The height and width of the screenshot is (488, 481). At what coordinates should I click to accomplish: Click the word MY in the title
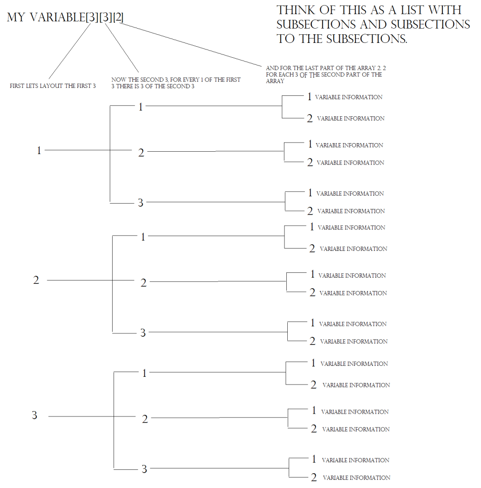16,17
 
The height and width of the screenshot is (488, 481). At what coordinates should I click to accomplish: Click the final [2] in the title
118,17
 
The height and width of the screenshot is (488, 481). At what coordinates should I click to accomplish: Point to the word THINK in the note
296,10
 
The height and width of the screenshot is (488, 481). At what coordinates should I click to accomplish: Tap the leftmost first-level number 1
39,150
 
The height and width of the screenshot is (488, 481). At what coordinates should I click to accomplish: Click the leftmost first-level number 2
36,280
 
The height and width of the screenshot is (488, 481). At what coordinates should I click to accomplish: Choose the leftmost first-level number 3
34,415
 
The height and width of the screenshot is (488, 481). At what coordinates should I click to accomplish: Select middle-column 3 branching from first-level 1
141,203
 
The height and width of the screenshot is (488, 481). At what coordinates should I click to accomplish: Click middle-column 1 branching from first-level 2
143,237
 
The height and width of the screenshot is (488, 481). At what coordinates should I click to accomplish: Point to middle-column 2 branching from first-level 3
145,419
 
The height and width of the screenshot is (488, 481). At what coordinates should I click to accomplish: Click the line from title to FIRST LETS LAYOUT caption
69,51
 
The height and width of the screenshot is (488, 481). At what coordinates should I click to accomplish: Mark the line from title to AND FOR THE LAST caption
190,44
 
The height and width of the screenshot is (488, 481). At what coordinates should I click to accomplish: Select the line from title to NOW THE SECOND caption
122,48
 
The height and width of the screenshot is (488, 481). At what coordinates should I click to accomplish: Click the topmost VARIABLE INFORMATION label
349,97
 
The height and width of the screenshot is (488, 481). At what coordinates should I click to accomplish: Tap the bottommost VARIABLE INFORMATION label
356,478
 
